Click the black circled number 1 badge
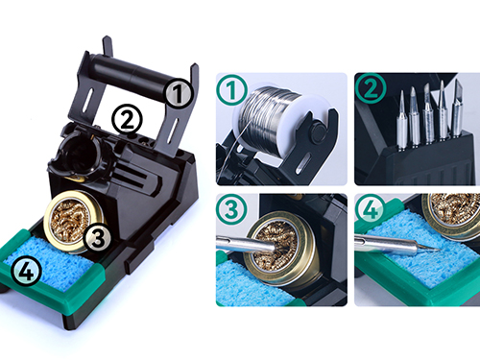179,93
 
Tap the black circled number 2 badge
127,120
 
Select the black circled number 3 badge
98,238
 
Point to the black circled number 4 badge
26,272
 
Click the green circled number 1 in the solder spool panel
232,90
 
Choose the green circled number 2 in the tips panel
371,88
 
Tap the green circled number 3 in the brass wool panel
231,209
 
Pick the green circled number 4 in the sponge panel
372,209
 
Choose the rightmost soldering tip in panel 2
457,108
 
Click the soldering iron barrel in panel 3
247,245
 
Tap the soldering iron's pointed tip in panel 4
439,250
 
